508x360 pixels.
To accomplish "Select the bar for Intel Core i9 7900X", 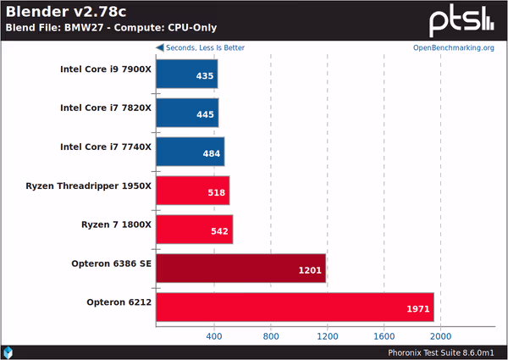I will pos(187,75).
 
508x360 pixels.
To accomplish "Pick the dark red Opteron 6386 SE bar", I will pos(241,269).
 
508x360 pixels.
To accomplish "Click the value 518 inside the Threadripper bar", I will pos(216,192).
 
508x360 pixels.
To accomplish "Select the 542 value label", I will pos(218,230).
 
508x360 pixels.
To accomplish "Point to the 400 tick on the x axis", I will pos(214,335).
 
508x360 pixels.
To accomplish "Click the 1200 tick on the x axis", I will pos(327,335).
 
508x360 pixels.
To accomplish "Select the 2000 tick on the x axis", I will pos(440,335).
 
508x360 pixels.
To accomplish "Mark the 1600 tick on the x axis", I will pos(384,335).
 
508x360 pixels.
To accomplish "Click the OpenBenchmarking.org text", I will pos(454,47).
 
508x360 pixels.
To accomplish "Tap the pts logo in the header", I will pos(462,19).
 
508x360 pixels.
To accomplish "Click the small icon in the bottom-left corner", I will pos(8,351).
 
